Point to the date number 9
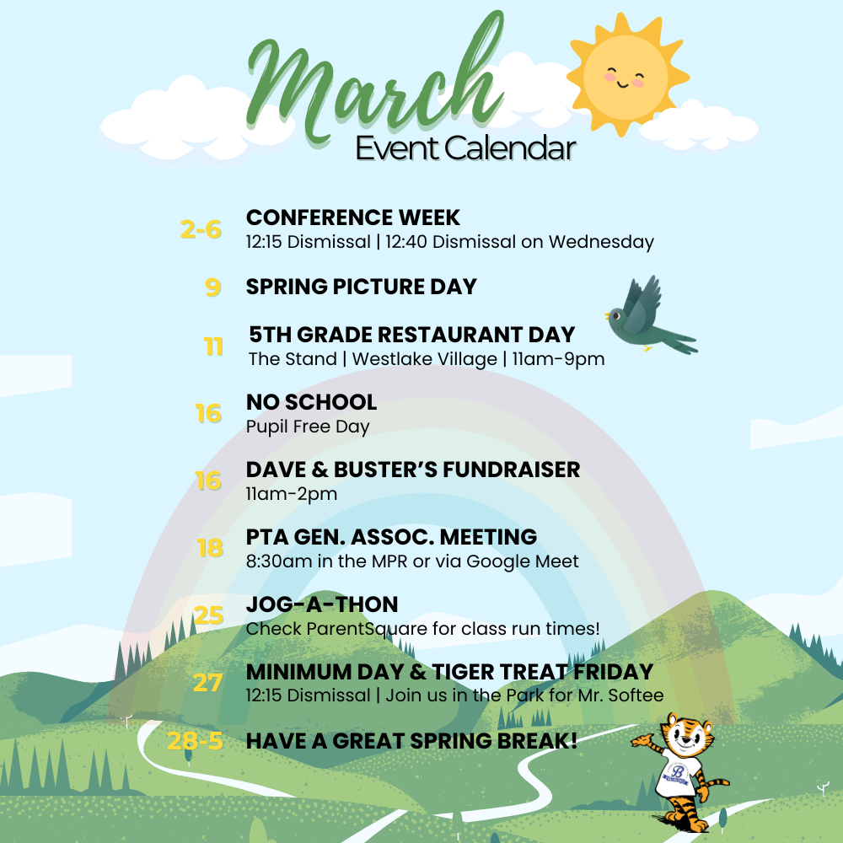coord(212,287)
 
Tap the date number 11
coord(213,346)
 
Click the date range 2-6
coord(201,229)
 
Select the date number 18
coord(210,549)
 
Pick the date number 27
coord(207,682)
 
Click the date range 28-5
coord(196,742)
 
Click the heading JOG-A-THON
coord(322,604)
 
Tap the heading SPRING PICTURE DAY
coord(361,287)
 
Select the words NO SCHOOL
coord(311,402)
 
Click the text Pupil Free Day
coord(308,427)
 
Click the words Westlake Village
coord(425,359)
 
